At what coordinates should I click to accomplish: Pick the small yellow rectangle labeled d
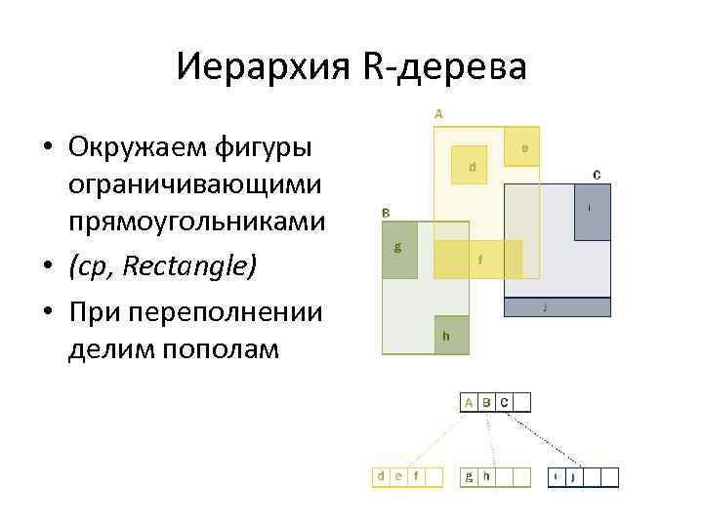[473, 167]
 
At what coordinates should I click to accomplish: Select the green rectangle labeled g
[398, 250]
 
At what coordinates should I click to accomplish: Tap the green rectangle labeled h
[451, 335]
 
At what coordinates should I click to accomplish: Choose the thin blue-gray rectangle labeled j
[557, 307]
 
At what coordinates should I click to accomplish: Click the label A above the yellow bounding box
[438, 113]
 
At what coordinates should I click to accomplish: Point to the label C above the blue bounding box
[596, 176]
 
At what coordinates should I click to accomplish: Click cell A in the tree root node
[469, 402]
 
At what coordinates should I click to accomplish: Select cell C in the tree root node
[504, 402]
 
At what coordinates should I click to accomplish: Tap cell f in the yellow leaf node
[417, 476]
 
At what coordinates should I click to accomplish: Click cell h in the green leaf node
[486, 476]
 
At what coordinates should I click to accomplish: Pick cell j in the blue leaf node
[572, 476]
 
